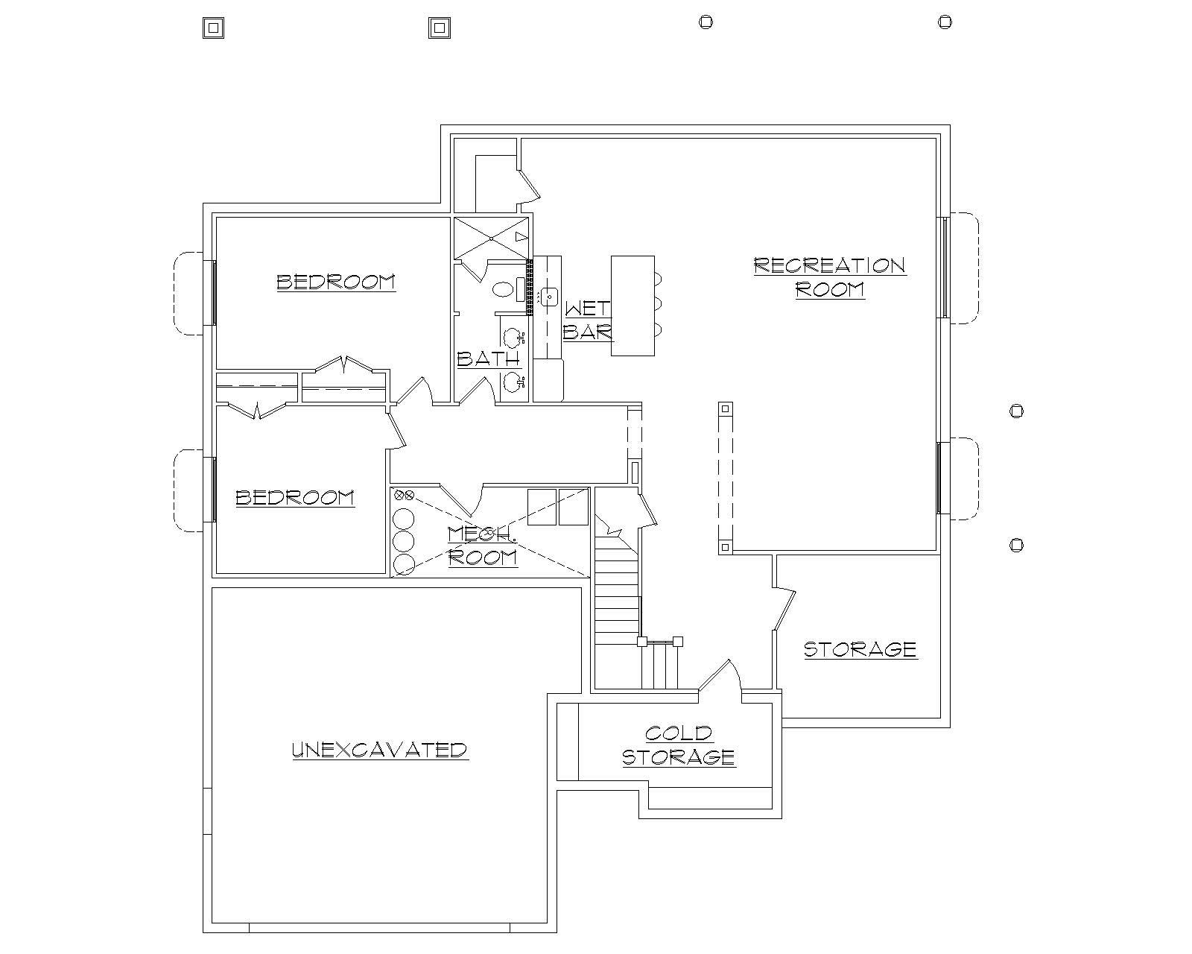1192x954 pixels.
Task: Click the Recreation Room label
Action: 830,277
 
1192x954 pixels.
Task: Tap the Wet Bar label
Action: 587,320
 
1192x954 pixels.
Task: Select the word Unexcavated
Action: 379,749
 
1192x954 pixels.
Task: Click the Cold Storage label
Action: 679,745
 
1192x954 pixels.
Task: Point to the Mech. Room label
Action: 482,546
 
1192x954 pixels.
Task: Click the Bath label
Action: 488,358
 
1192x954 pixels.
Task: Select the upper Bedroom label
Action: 336,282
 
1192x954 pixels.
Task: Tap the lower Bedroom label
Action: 295,497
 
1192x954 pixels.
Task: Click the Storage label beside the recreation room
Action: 860,648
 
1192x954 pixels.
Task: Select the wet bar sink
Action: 550,297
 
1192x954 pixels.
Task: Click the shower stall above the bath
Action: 492,238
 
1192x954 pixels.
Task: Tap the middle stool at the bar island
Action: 657,303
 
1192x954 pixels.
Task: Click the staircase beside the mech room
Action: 617,589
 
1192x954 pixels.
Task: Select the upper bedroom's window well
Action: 188,293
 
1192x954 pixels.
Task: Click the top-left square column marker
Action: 213,28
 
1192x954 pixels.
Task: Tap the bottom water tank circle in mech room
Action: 403,564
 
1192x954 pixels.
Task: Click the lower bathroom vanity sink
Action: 513,383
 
